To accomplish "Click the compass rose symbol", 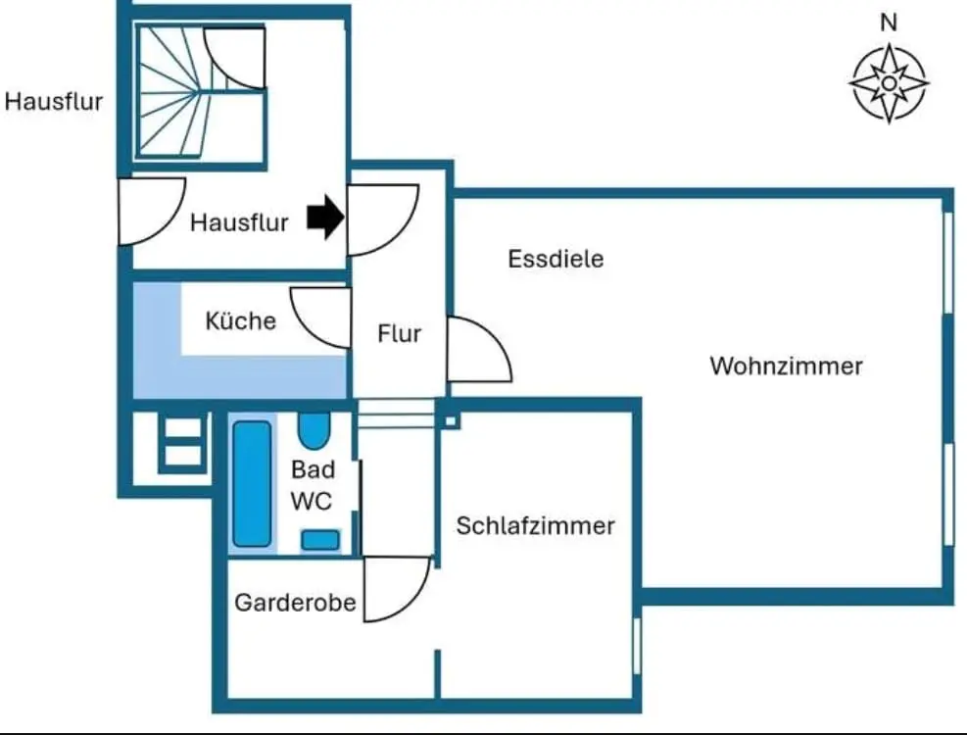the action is [x=888, y=83].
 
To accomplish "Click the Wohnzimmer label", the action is [x=786, y=367].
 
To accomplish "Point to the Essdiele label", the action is [x=556, y=260].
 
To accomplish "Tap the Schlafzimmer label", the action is [x=535, y=525].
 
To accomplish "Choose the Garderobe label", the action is [x=294, y=603].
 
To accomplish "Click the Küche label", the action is [x=240, y=320].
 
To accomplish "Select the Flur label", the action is [x=399, y=334].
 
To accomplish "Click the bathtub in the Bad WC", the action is [x=252, y=483].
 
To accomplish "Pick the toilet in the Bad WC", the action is [x=320, y=539].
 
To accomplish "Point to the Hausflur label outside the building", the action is [x=54, y=101].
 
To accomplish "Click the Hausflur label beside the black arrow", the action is [x=239, y=222].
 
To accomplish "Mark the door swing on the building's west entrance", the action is [x=147, y=210].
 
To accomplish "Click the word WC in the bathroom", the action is [x=312, y=501].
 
